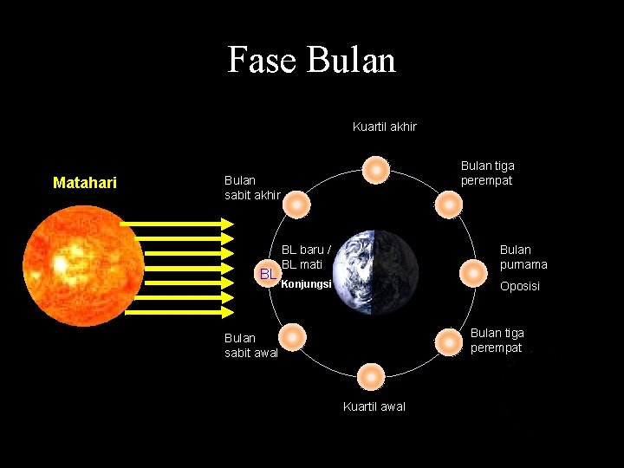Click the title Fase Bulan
[x=311, y=60]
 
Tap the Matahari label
[x=85, y=183]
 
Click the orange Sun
[x=83, y=265]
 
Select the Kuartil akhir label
[x=385, y=127]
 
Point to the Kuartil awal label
[x=374, y=406]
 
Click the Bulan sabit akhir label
[x=251, y=187]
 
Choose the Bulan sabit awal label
[x=251, y=345]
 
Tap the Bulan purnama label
[x=523, y=257]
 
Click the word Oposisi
[x=520, y=286]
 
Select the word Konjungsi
[x=307, y=283]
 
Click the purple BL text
[x=269, y=275]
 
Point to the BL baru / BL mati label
[x=306, y=257]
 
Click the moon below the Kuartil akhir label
[x=375, y=170]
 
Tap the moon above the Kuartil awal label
[x=370, y=377]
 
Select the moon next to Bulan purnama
[x=472, y=273]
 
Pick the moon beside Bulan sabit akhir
[x=296, y=205]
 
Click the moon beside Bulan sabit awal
[x=293, y=336]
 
